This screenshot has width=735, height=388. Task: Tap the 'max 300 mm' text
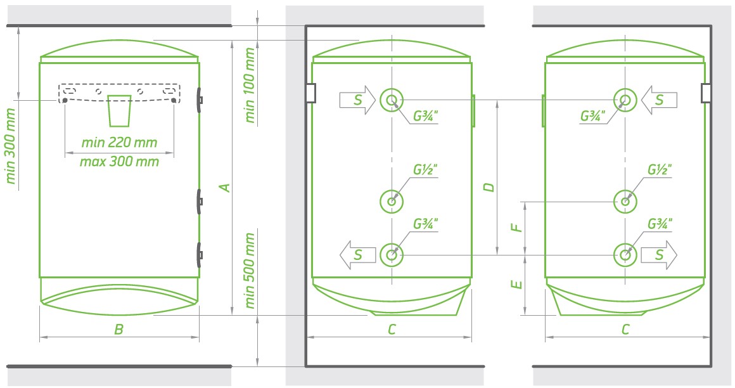119,162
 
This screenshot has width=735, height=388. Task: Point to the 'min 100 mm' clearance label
251,86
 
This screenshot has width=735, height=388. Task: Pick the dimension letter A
223,187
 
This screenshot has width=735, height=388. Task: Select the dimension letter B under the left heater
118,329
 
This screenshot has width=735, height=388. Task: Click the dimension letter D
488,187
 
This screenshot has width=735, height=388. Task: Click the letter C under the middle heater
392,329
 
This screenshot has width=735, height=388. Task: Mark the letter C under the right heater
625,329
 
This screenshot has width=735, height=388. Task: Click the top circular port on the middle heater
392,100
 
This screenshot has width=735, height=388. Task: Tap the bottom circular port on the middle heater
392,255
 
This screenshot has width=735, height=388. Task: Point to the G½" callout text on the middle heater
426,170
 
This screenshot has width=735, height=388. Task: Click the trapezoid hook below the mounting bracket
119,111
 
